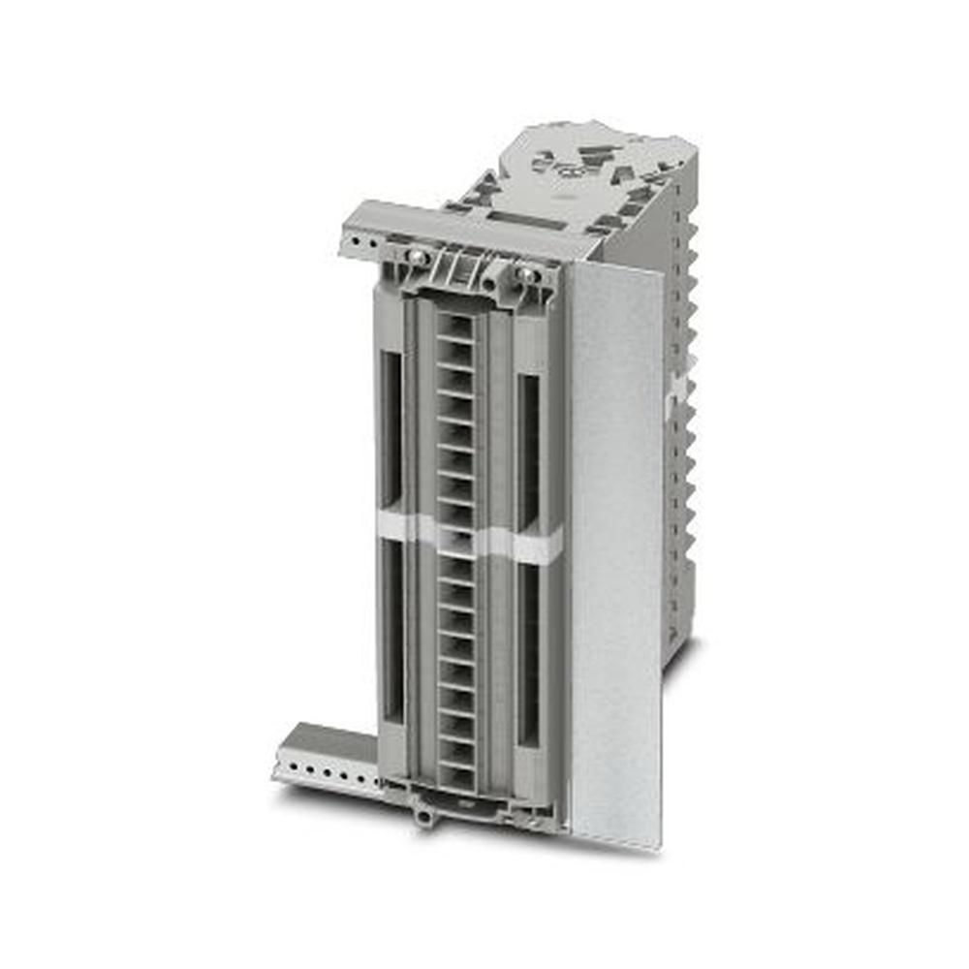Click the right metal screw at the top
coord(527,274)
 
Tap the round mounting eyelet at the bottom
coord(423,817)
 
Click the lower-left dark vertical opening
coord(392,630)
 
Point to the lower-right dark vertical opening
coord(529,654)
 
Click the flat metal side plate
coord(615,552)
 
